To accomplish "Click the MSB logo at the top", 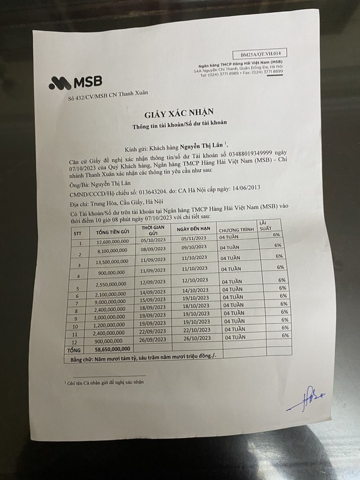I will coord(75,83).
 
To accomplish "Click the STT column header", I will coord(78,233).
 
